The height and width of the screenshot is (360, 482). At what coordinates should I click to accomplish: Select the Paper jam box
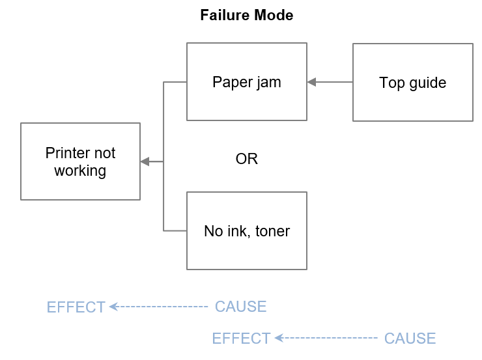click(x=246, y=82)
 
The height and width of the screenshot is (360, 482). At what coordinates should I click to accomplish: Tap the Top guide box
click(x=412, y=83)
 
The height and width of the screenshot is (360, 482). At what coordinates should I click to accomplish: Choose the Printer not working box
click(x=80, y=161)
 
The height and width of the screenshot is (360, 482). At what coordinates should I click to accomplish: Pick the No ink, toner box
click(x=246, y=230)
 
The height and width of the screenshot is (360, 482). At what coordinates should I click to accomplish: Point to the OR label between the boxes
click(x=246, y=159)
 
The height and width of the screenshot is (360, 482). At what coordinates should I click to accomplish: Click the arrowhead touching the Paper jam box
click(x=311, y=82)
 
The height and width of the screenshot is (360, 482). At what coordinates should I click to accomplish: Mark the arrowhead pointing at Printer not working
click(x=145, y=161)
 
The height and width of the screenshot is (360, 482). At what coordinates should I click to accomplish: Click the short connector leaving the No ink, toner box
click(x=175, y=230)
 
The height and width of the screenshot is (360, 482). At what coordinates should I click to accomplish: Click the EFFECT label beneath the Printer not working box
click(x=76, y=307)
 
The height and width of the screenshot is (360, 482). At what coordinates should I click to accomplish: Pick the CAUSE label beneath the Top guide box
click(x=410, y=339)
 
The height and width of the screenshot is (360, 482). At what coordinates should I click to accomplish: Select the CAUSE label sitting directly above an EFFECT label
click(x=240, y=307)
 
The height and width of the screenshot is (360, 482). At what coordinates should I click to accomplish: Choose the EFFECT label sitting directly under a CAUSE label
click(x=241, y=339)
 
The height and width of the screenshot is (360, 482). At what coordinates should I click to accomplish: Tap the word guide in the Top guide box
click(x=427, y=83)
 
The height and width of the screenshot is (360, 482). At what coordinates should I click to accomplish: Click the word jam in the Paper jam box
click(x=268, y=83)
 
